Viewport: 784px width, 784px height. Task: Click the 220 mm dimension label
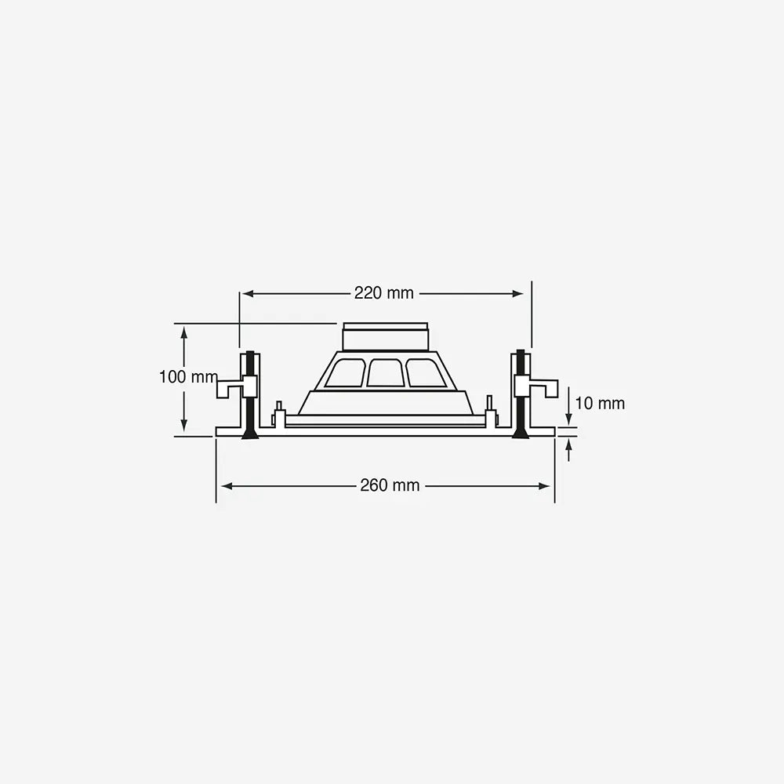pyautogui.click(x=384, y=293)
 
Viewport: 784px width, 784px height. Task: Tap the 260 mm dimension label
pyautogui.click(x=390, y=485)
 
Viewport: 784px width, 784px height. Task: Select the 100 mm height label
pyautogui.click(x=188, y=377)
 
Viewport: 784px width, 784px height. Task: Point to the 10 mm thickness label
pyautogui.click(x=600, y=404)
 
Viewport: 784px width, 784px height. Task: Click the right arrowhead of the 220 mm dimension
pyautogui.click(x=517, y=294)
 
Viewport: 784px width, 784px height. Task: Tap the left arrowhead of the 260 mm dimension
pyautogui.click(x=227, y=486)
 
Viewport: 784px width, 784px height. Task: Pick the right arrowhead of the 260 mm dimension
pyautogui.click(x=544, y=486)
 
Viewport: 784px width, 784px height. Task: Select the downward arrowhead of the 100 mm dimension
pyautogui.click(x=184, y=424)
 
